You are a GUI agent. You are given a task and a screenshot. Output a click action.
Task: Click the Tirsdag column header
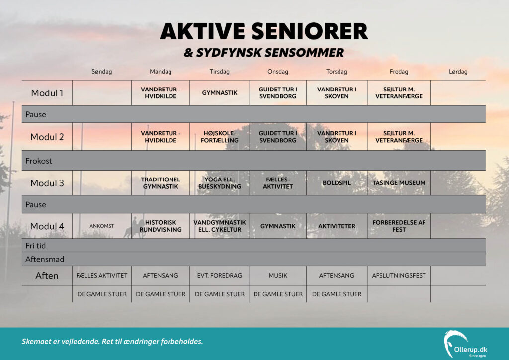click(219, 72)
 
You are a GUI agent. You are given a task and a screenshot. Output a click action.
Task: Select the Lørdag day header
click(458, 72)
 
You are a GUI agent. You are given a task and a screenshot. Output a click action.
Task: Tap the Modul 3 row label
click(47, 183)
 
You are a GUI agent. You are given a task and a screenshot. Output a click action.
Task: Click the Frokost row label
click(39, 161)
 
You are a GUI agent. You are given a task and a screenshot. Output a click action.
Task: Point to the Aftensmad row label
click(45, 259)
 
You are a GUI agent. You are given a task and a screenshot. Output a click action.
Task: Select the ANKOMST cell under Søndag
click(101, 226)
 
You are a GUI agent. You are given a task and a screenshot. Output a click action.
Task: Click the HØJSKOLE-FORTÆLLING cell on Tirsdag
click(219, 137)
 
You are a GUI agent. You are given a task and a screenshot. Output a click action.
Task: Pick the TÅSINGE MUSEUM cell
click(399, 183)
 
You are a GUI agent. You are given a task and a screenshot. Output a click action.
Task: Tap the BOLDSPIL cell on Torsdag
click(337, 183)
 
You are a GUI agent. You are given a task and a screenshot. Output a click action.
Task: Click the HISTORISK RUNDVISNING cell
click(161, 226)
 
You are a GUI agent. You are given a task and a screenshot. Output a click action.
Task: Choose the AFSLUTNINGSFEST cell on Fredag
click(399, 275)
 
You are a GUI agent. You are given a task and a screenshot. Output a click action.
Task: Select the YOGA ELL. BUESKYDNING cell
click(219, 183)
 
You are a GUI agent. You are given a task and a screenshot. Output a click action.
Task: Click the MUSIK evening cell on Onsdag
click(278, 275)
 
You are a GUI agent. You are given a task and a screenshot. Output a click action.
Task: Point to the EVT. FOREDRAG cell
click(219, 275)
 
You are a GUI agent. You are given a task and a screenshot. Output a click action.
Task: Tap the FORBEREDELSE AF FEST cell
click(399, 226)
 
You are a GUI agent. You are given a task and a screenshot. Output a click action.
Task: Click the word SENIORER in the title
click(309, 31)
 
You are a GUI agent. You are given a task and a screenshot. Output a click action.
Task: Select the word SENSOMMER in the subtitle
click(303, 53)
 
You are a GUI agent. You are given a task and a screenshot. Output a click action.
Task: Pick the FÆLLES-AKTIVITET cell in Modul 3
click(278, 183)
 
